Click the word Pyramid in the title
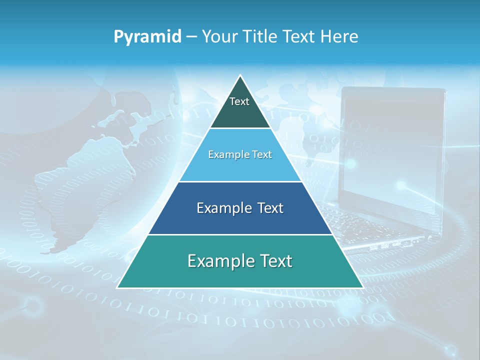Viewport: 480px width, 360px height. point(147,37)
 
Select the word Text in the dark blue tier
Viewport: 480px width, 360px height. point(269,208)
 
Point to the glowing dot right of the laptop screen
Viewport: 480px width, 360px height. point(401,185)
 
